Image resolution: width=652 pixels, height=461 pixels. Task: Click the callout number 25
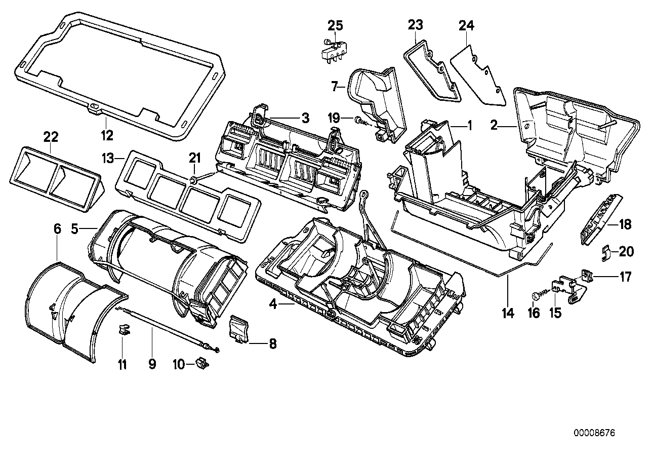(x=335, y=25)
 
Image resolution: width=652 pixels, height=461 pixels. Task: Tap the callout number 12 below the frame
(x=107, y=135)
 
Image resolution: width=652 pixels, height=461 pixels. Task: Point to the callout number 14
(x=508, y=313)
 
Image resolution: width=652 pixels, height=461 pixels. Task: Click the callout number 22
(x=51, y=137)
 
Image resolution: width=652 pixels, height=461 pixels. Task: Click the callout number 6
(x=57, y=229)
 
